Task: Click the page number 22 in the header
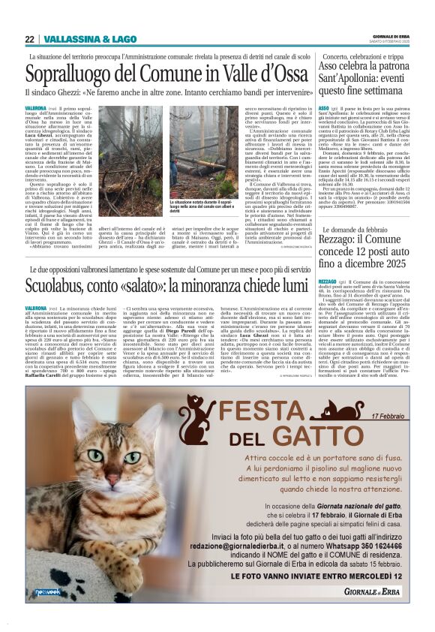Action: click(29, 39)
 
